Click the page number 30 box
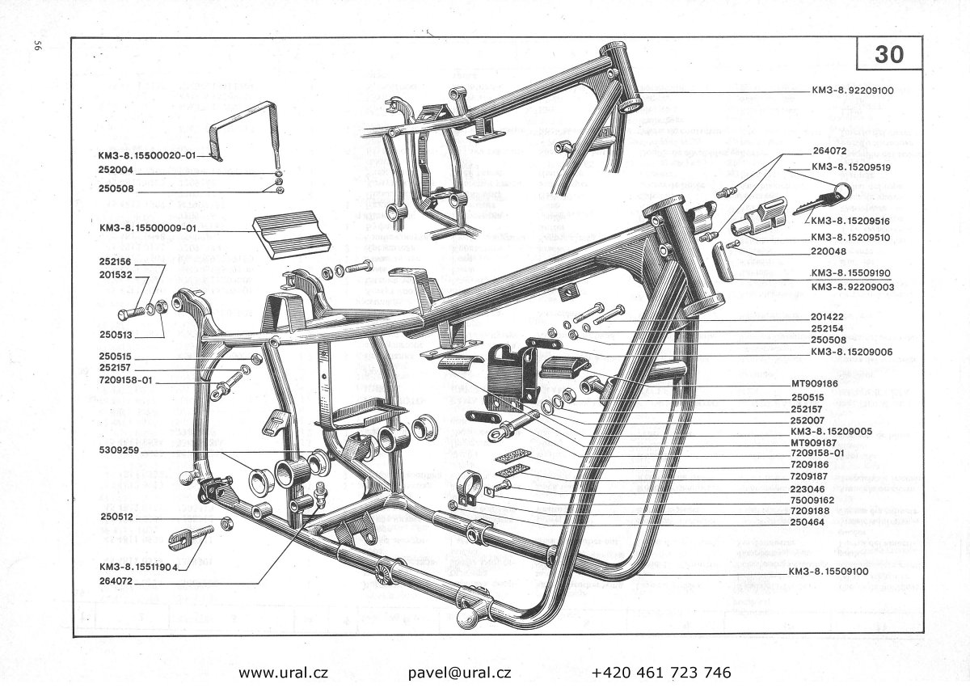pyautogui.click(x=889, y=55)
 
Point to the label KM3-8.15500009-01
pyautogui.click(x=148, y=228)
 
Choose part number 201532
pyautogui.click(x=116, y=276)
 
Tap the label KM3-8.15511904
pyautogui.click(x=138, y=567)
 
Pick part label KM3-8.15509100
pyautogui.click(x=828, y=572)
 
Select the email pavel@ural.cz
pyautogui.click(x=460, y=672)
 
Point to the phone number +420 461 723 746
pyautogui.click(x=661, y=672)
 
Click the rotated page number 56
pyautogui.click(x=37, y=45)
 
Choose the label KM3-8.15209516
pyautogui.click(x=850, y=221)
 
